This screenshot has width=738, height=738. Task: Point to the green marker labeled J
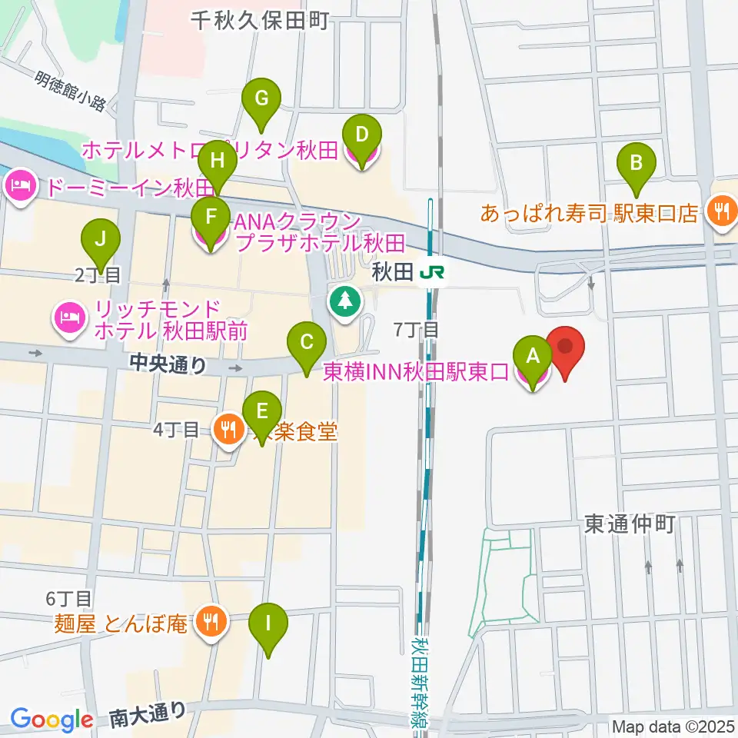coord(100,239)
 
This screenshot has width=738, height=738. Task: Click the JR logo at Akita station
coord(437,272)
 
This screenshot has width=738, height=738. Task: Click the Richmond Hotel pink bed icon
coord(69,319)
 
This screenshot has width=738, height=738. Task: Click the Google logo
coord(52,719)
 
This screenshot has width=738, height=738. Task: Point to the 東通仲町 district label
coord(629,524)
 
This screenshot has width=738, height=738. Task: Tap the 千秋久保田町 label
coord(260,21)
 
